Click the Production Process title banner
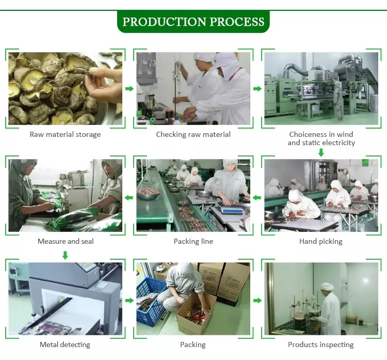193,22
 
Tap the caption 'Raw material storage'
65,134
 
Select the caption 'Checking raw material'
193,134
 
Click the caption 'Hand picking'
321,241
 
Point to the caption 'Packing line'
193,241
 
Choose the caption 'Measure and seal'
66,241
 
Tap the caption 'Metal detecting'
65,345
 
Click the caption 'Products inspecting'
321,345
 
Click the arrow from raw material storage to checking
130,89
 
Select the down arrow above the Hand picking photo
321,153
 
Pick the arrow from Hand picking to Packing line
257,198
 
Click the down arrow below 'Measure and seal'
65,255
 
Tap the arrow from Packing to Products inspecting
257,301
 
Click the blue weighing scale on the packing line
230,208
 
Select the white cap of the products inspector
327,287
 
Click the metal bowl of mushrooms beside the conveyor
148,193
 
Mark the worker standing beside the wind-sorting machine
338,101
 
